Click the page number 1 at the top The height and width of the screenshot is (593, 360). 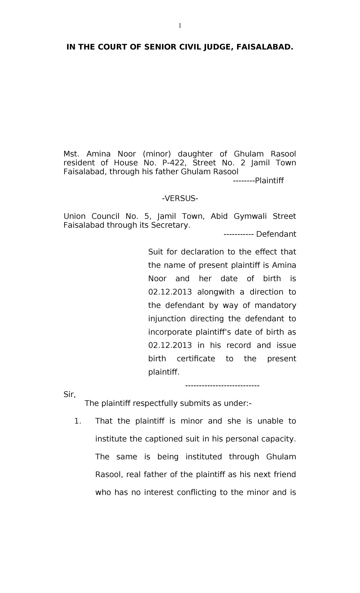pos(180,26)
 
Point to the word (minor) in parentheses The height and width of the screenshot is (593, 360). pos(157,154)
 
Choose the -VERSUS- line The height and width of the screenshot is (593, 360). pos(180,199)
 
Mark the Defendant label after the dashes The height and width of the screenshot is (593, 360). pos(276,234)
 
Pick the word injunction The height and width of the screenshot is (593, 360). pos(167,319)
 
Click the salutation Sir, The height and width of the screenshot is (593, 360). pos(70,395)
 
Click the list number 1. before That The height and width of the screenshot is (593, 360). pos(78,421)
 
